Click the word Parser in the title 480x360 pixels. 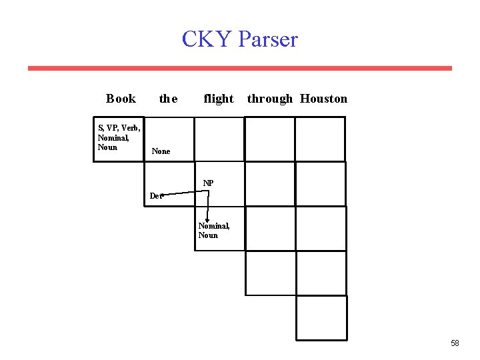[268, 39]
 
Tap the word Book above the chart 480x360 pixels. [121, 99]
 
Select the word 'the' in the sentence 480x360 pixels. [168, 99]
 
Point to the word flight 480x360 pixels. [219, 99]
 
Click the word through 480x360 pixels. [269, 99]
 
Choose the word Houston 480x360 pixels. [323, 99]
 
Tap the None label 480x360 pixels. [161, 151]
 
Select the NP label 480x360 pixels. [209, 183]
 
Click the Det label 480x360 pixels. [155, 196]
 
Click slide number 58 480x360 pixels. [455, 343]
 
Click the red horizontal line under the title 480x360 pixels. [240, 68]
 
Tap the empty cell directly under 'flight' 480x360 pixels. [219, 139]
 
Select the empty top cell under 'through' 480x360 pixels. [270, 139]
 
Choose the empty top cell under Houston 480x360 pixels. [321, 139]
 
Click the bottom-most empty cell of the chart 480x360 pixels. [321, 318]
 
